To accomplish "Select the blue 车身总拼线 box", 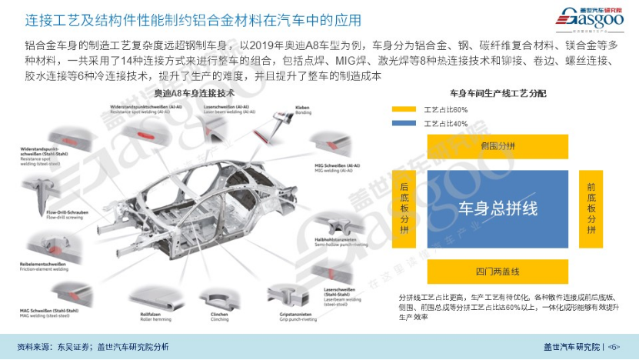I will click(x=498, y=208).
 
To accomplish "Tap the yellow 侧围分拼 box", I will click(x=497, y=145).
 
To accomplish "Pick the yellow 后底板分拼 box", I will click(x=405, y=208).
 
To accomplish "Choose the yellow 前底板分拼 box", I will click(x=591, y=208).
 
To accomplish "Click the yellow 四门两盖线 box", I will click(x=498, y=272).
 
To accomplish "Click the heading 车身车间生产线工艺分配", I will click(x=498, y=93).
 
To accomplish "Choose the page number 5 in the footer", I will click(x=614, y=347).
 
